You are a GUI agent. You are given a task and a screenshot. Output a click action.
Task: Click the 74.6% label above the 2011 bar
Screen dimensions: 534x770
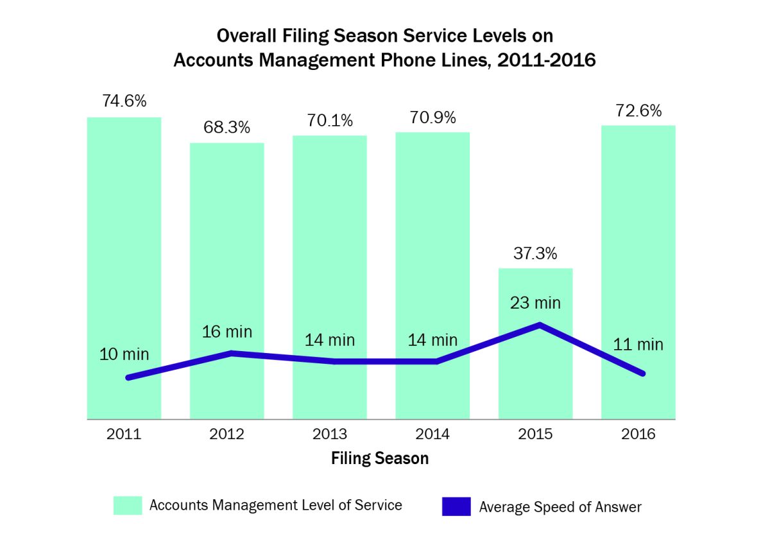coord(124,101)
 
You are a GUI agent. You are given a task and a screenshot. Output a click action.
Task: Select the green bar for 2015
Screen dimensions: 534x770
coord(536,372)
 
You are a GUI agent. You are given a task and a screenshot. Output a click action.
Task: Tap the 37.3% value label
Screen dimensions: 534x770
coord(536,254)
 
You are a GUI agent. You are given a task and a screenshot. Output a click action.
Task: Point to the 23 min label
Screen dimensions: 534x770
coord(536,302)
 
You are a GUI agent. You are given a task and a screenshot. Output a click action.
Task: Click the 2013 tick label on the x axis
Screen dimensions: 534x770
coord(330,435)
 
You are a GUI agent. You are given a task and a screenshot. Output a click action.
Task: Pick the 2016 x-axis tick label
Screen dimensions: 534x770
coord(638,435)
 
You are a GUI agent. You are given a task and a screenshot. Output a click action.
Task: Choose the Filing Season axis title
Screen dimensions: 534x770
coord(380,459)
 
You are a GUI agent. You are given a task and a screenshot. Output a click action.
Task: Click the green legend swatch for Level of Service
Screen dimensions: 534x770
coord(127,505)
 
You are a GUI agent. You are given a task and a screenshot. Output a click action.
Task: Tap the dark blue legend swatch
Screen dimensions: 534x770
coord(456,506)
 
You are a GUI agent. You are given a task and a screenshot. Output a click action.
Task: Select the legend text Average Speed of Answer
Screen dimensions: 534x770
coord(560,507)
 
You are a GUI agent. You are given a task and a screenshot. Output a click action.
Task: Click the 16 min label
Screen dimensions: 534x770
coord(227,332)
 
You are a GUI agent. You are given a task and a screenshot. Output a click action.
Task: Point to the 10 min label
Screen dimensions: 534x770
coord(124,354)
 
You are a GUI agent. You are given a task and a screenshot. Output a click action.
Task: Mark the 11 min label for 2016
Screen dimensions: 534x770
coord(638,345)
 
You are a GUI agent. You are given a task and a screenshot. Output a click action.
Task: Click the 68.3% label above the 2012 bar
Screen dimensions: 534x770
coord(227,128)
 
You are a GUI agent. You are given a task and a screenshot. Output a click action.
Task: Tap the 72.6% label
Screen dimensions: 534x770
coord(638,111)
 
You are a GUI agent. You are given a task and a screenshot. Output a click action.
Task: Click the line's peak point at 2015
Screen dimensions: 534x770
coord(539,325)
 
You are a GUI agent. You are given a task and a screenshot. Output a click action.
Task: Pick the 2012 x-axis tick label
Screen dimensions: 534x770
coord(227,435)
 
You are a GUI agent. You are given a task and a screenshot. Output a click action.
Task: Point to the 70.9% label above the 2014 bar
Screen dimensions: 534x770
coord(432,118)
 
